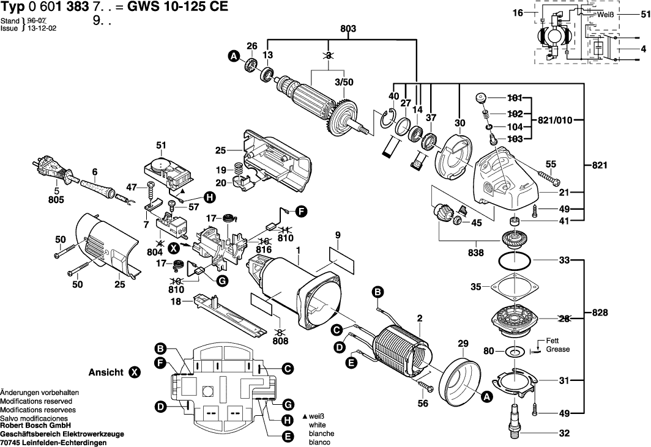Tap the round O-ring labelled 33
(514, 262)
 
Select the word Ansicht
(106, 372)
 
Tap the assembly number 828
(600, 312)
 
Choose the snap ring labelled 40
(387, 118)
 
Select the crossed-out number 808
(280, 341)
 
